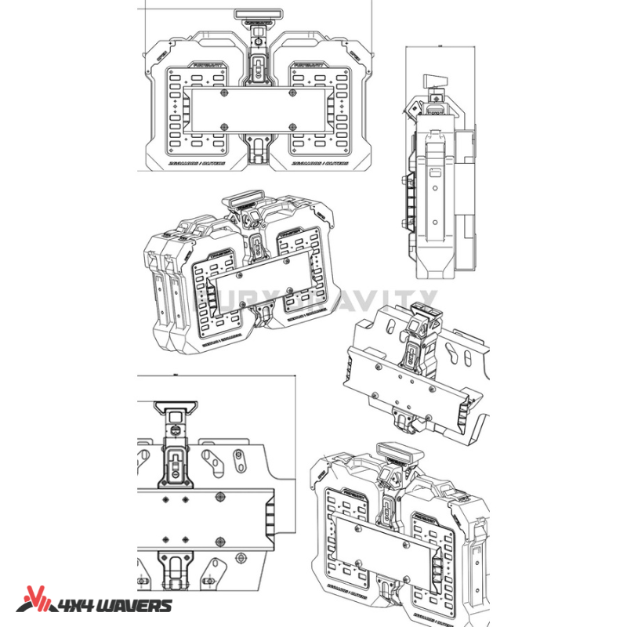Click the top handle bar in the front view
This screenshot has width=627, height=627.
[x=258, y=13]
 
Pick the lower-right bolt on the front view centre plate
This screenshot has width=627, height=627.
[x=292, y=126]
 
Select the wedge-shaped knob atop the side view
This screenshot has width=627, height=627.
[x=432, y=81]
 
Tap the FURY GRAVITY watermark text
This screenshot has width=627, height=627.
[x=313, y=300]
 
